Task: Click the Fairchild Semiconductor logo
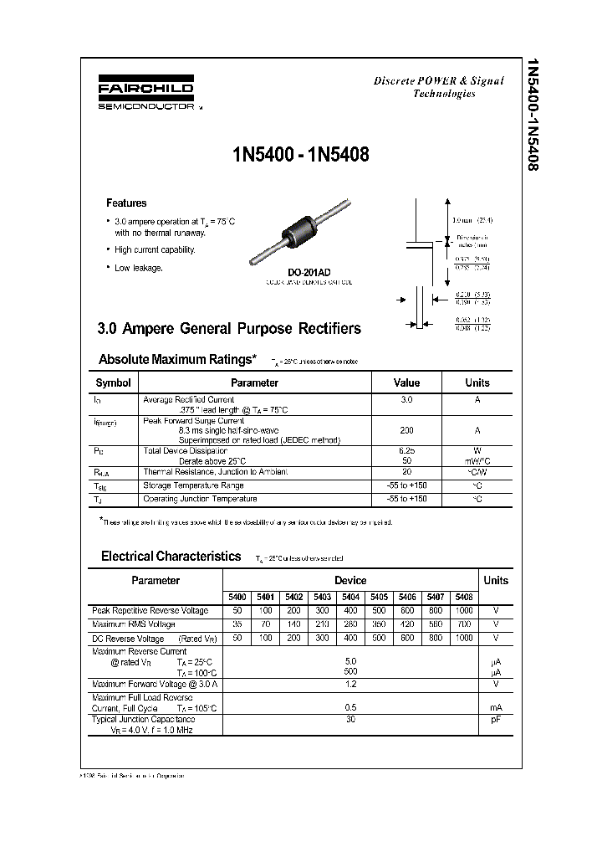(146, 95)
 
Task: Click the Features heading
(126, 203)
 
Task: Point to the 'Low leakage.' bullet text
(139, 268)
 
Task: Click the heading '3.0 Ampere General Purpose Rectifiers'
(229, 328)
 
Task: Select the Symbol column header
(114, 382)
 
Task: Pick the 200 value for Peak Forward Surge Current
(406, 430)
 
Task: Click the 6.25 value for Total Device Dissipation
(406, 450)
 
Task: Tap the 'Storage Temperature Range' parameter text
(194, 485)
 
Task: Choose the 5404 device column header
(351, 597)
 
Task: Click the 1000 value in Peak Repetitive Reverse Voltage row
(465, 611)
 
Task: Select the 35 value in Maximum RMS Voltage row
(237, 624)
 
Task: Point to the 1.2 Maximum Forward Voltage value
(350, 683)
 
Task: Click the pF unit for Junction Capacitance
(495, 720)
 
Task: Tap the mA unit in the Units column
(495, 707)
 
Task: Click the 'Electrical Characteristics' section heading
(171, 556)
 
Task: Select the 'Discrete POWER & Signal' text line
(438, 81)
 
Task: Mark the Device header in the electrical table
(350, 580)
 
